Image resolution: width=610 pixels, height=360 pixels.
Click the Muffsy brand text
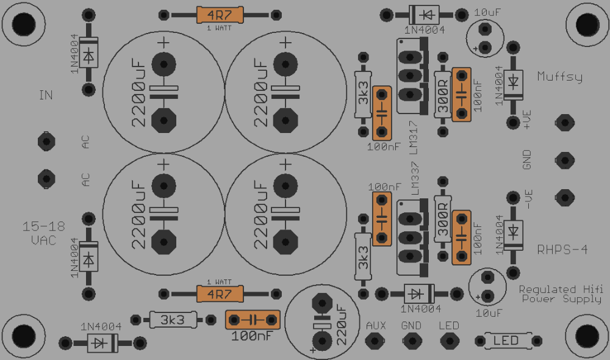pos(559,77)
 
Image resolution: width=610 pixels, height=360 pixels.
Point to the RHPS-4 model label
pos(562,250)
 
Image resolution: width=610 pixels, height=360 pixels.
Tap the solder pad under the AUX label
pos(375,341)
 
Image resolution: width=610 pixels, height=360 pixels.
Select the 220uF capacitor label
pos(341,325)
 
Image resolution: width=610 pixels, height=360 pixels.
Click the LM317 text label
pos(414,137)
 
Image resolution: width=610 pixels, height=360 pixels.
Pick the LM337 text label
pos(415,179)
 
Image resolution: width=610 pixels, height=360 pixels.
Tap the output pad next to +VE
pos(564,123)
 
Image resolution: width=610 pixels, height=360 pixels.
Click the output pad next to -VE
pos(564,198)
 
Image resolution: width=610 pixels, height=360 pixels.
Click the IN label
pos(46,95)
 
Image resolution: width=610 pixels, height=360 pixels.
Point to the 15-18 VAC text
pos(43,233)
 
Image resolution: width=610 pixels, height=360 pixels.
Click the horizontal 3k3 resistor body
pos(173,320)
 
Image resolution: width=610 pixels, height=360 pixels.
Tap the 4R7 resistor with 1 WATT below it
pos(220,15)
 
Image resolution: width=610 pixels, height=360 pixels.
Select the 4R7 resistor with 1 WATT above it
pos(220,294)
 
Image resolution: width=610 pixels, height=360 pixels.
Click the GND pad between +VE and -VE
pos(564,160)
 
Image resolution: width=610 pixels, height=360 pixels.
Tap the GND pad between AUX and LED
pos(412,341)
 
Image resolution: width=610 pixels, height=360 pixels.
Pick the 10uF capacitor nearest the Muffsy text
pos(485,38)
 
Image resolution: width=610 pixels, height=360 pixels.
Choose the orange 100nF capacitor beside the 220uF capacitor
pos(253,320)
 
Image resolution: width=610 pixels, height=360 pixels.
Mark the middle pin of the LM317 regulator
pos(410,76)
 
